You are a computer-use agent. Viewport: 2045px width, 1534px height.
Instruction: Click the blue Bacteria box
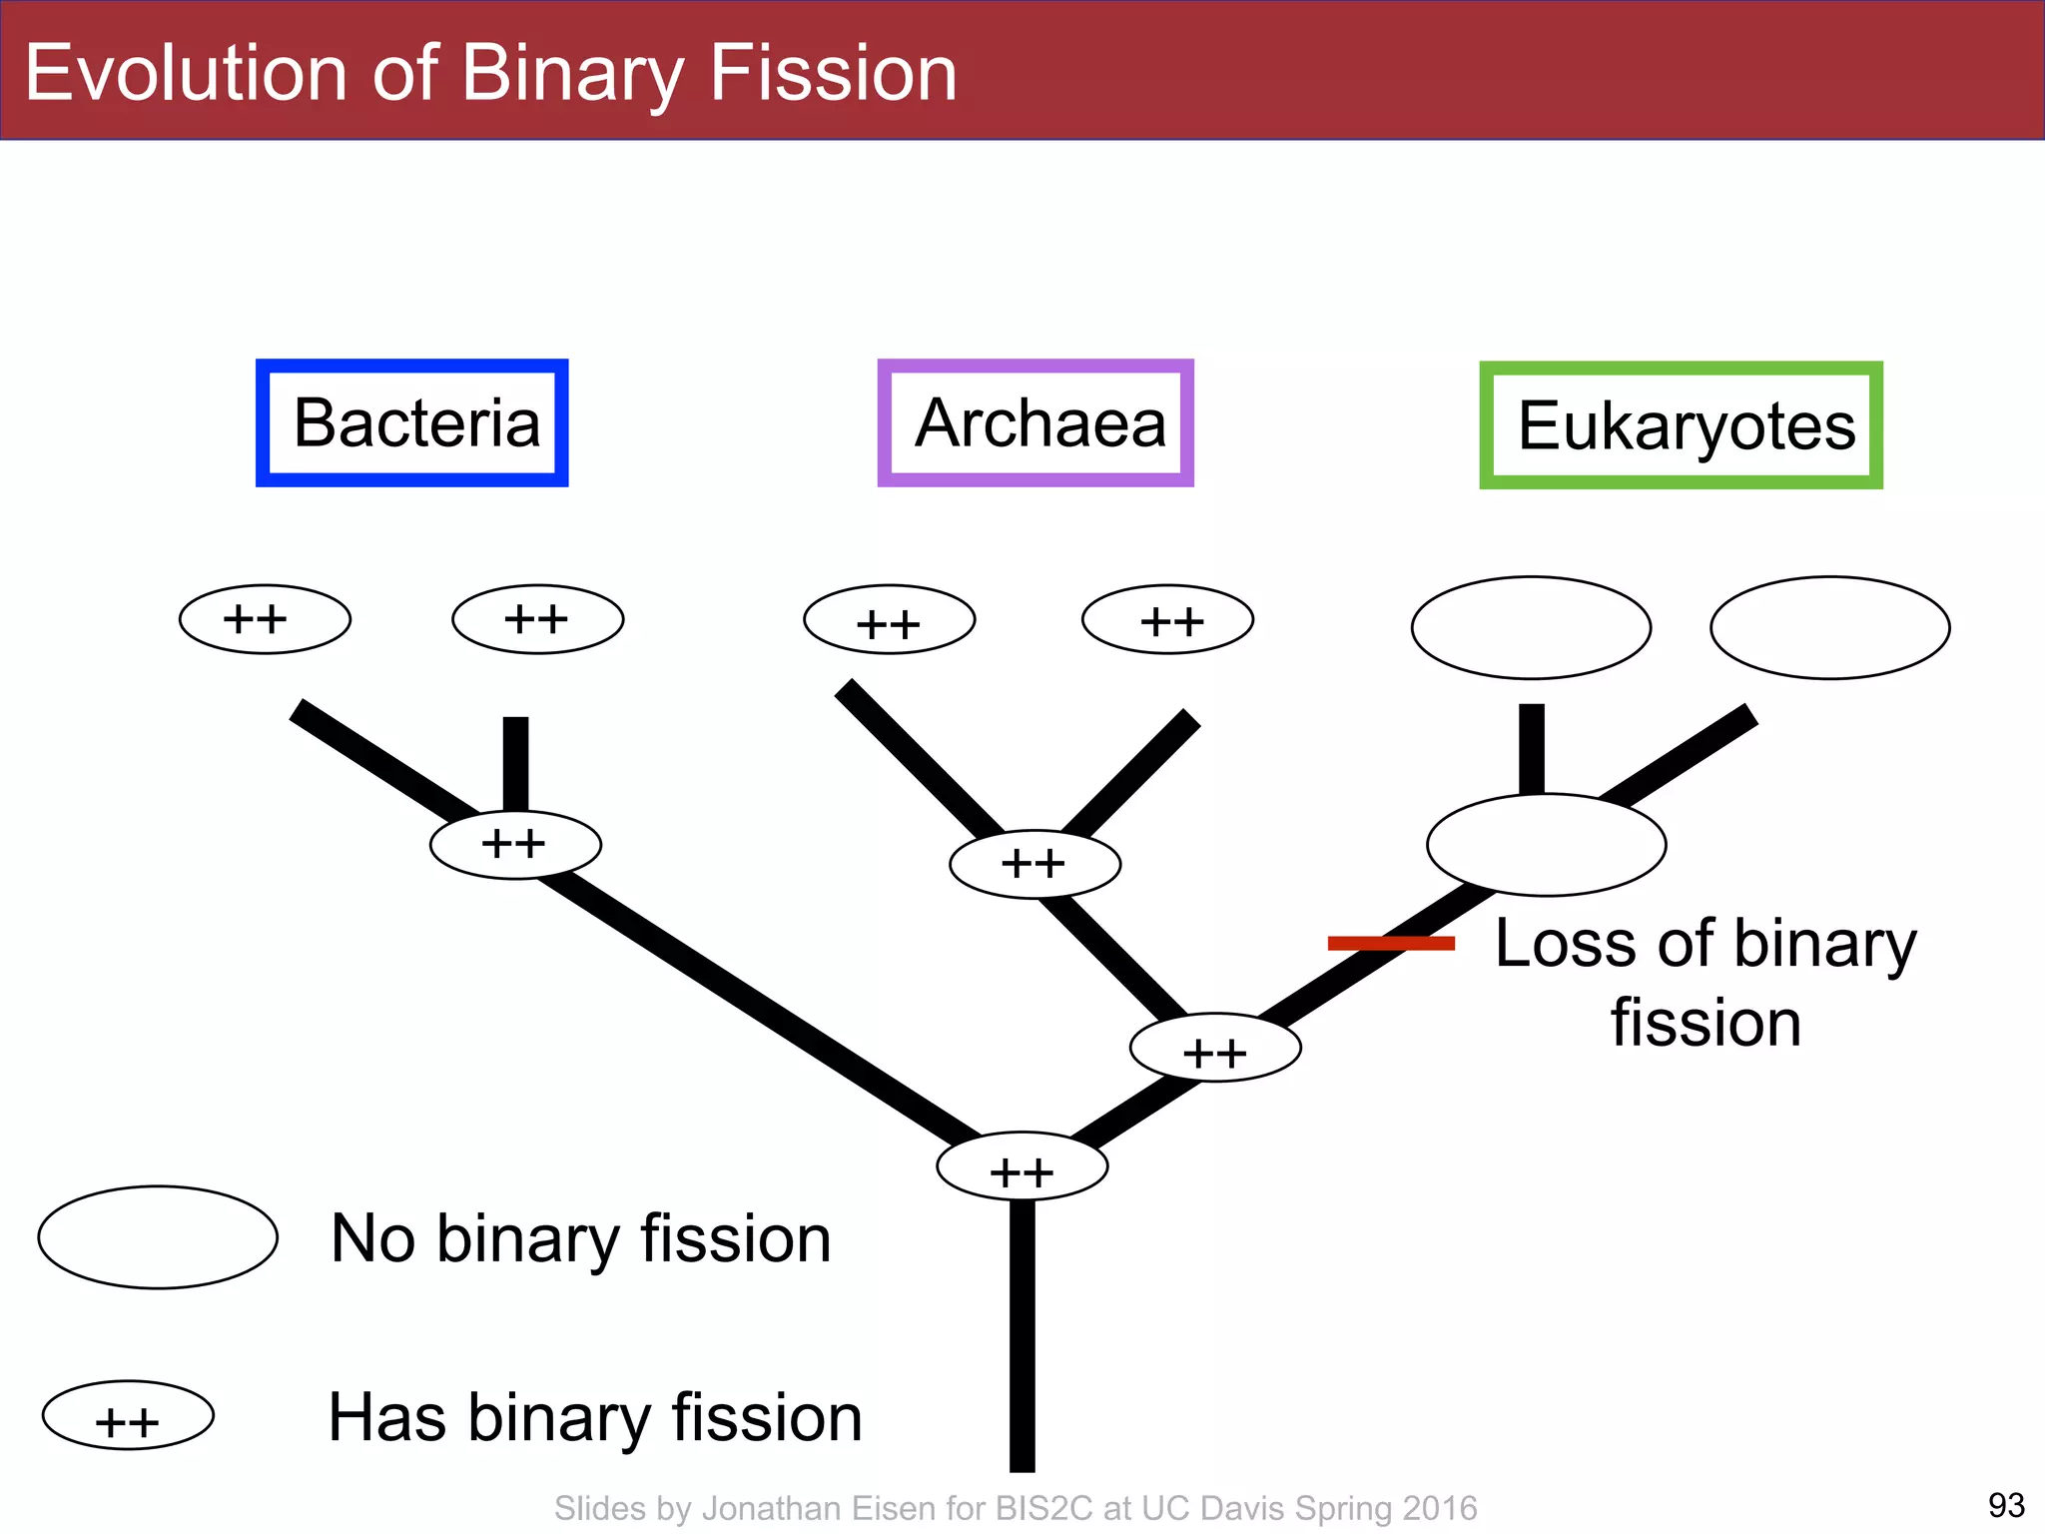coord(412,422)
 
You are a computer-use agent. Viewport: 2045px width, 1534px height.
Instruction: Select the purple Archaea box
coord(1035,422)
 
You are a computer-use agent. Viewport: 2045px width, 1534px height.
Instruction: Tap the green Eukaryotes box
coord(1681,425)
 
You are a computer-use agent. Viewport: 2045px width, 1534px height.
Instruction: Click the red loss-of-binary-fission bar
coord(1390,943)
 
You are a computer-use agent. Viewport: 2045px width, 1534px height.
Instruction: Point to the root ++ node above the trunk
coord(1022,1166)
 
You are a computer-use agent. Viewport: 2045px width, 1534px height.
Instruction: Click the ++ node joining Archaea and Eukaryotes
coord(1215,1048)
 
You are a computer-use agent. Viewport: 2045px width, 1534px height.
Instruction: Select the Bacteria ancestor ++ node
coord(515,845)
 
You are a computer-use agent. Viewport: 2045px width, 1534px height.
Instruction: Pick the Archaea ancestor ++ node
coord(1034,864)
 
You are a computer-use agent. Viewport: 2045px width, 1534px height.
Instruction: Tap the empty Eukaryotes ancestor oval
coord(1546,845)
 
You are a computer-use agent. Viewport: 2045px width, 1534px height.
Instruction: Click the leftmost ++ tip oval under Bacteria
coord(265,619)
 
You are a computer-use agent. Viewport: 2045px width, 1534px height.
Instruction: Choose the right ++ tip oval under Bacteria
coord(537,619)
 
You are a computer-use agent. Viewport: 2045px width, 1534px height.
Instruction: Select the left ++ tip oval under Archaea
coord(889,619)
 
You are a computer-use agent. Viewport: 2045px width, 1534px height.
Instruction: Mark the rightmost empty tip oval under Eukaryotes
coord(1829,627)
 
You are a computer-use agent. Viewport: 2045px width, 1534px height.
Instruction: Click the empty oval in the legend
coord(158,1237)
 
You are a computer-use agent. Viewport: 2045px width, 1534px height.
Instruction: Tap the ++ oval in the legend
coord(128,1415)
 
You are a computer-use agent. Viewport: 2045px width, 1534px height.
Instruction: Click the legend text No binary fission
coord(580,1239)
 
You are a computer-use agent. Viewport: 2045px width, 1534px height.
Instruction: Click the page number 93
coord(2006,1504)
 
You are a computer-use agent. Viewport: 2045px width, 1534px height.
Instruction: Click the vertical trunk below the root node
coord(1022,1338)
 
